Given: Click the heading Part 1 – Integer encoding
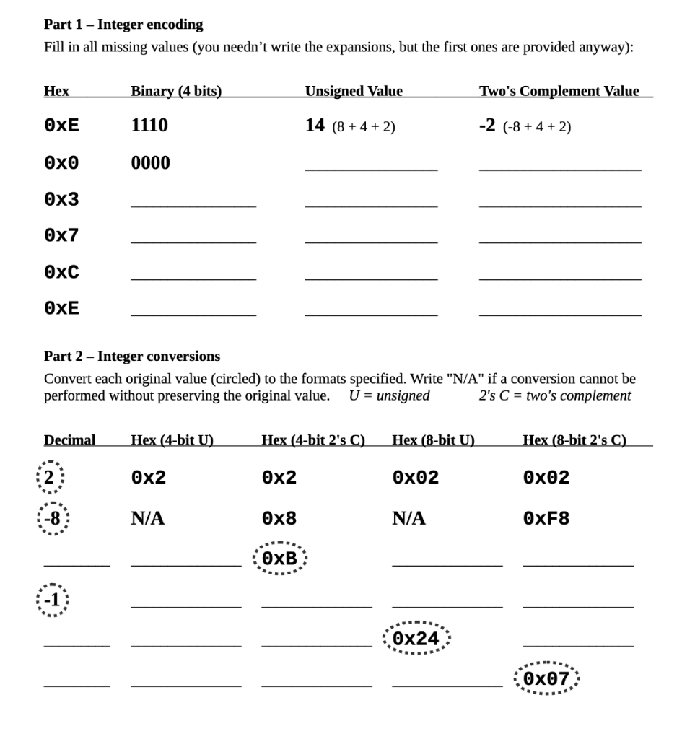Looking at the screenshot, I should [123, 25].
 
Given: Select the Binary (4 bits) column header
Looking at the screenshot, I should [176, 91].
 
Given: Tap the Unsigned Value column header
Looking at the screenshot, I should [354, 91].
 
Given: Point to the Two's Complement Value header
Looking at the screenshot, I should [559, 91].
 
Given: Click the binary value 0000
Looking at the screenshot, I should [150, 163].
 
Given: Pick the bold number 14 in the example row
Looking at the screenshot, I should [315, 126].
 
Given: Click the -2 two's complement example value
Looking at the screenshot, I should [488, 126].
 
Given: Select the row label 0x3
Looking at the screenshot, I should [61, 200].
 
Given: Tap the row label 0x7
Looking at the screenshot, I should [61, 236].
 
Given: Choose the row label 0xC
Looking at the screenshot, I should [61, 273].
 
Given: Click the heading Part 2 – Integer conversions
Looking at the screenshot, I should [132, 357].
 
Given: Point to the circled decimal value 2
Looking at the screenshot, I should [51, 477].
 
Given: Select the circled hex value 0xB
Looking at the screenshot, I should [280, 559].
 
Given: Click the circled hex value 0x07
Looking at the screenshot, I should [546, 679].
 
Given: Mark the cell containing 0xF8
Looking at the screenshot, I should [546, 519].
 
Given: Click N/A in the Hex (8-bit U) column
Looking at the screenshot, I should [408, 518].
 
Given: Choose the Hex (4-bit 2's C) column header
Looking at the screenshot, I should [313, 440].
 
